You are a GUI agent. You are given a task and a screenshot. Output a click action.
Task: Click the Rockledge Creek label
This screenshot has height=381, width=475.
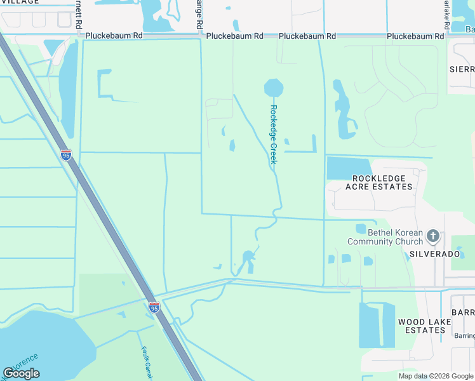[x=274, y=134]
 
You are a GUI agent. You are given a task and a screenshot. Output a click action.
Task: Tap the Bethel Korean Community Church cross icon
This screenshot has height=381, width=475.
[x=433, y=237]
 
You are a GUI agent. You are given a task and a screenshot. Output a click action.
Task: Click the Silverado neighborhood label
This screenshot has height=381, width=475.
[x=434, y=253]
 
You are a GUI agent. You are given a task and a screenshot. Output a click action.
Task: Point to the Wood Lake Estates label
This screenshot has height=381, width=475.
[x=425, y=326]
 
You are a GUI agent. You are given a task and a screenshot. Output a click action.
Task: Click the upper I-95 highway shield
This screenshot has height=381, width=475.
[x=66, y=154]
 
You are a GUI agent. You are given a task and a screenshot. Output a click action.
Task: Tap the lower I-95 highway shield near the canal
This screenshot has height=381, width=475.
[x=154, y=307]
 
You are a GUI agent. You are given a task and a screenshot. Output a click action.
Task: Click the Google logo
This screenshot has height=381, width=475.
[x=21, y=373]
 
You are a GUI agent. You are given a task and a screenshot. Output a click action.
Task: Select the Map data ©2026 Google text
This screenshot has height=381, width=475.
[x=435, y=376]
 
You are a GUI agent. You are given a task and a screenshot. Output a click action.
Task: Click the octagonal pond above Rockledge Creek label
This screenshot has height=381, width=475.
[x=274, y=88]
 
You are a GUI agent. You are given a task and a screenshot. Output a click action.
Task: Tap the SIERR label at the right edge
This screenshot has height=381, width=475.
[x=462, y=69]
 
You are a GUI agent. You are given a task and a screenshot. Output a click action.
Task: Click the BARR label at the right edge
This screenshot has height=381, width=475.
[x=463, y=313]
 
